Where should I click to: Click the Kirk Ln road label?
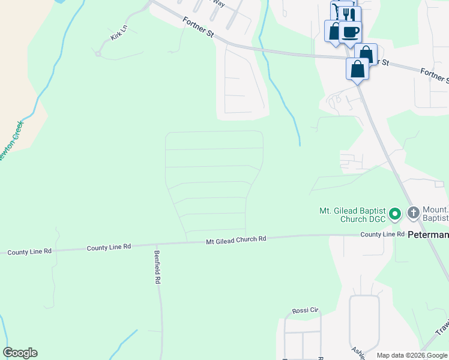tap(119, 32)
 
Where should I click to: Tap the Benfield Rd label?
tap(157, 268)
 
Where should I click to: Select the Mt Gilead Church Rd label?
tap(236, 239)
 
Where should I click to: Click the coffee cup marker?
tap(350, 31)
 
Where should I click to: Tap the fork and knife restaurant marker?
tap(345, 13)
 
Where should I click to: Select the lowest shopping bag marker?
tap(358, 69)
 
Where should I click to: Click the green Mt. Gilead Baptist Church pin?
tap(394, 214)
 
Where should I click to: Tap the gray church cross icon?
tap(413, 212)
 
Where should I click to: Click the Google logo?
tap(20, 353)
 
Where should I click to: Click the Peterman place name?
tap(428, 236)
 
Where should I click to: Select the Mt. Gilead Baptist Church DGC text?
tap(352, 214)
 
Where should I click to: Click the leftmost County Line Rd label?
tap(29, 252)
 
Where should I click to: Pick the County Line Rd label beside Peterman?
tap(382, 234)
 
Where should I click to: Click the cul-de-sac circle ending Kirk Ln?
tap(97, 54)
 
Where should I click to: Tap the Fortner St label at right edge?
tap(434, 76)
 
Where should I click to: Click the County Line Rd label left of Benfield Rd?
tap(109, 247)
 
